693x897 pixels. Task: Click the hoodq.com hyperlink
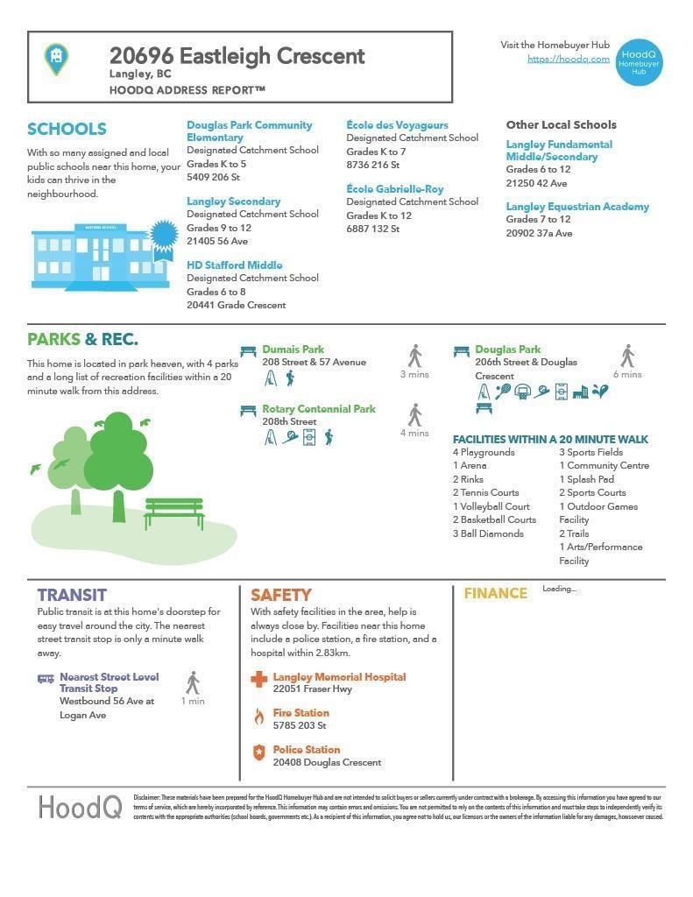pyautogui.click(x=569, y=59)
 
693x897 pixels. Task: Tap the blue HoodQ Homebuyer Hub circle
pyautogui.click(x=639, y=61)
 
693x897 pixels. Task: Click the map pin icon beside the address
pyautogui.click(x=56, y=59)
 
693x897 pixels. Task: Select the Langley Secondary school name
pyautogui.click(x=233, y=201)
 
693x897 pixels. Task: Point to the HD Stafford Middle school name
pyautogui.click(x=234, y=265)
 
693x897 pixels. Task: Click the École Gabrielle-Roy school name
pyautogui.click(x=394, y=189)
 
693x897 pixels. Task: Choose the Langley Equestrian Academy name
pyautogui.click(x=576, y=207)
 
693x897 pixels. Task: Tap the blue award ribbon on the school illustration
pyautogui.click(x=163, y=237)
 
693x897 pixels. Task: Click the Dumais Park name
pyautogui.click(x=293, y=350)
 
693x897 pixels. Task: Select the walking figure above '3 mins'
pyautogui.click(x=414, y=356)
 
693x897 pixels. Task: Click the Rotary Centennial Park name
pyautogui.click(x=318, y=409)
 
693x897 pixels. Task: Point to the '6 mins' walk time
pyautogui.click(x=627, y=374)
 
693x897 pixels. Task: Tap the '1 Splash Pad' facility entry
pyautogui.click(x=586, y=479)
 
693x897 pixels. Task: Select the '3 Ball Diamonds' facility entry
pyautogui.click(x=487, y=533)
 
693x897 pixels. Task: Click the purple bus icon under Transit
pyautogui.click(x=46, y=679)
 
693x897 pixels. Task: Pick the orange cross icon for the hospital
pyautogui.click(x=258, y=679)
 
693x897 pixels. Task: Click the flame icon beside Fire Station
pyautogui.click(x=258, y=717)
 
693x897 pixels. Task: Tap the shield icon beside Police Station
pyautogui.click(x=258, y=752)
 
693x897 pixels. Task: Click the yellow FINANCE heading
pyautogui.click(x=495, y=594)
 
